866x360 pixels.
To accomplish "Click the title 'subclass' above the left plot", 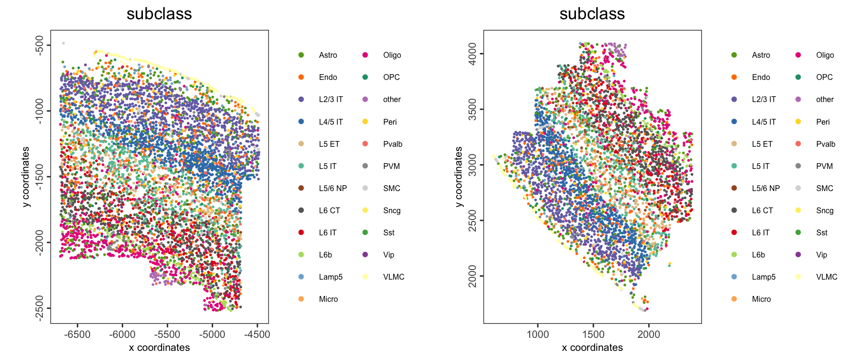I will [159, 14].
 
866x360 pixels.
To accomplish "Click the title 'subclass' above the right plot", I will [592, 14].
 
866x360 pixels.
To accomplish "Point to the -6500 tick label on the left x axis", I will [77, 334].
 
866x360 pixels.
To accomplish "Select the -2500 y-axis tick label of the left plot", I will [39, 308].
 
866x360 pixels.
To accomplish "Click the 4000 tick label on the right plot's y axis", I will [472, 54].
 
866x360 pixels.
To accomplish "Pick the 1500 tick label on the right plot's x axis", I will [593, 334].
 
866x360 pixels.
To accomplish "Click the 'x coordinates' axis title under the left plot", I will [159, 347].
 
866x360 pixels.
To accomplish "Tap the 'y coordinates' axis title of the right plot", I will [459, 177].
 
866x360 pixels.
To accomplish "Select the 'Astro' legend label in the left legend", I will [328, 55].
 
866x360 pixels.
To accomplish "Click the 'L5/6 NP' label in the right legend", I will [765, 188].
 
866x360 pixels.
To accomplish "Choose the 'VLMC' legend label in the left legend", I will [394, 277].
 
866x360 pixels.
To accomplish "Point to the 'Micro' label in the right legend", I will [761, 299].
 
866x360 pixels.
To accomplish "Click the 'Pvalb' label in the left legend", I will [393, 144].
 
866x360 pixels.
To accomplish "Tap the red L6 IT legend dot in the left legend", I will [301, 232].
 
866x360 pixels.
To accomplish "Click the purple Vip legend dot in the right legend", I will [798, 255].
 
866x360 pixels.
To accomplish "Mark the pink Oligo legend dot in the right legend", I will [798, 55].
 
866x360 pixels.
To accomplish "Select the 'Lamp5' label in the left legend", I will [331, 277].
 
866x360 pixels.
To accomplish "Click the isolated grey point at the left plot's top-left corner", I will [64, 43].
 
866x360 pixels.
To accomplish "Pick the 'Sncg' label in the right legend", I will [825, 210].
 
